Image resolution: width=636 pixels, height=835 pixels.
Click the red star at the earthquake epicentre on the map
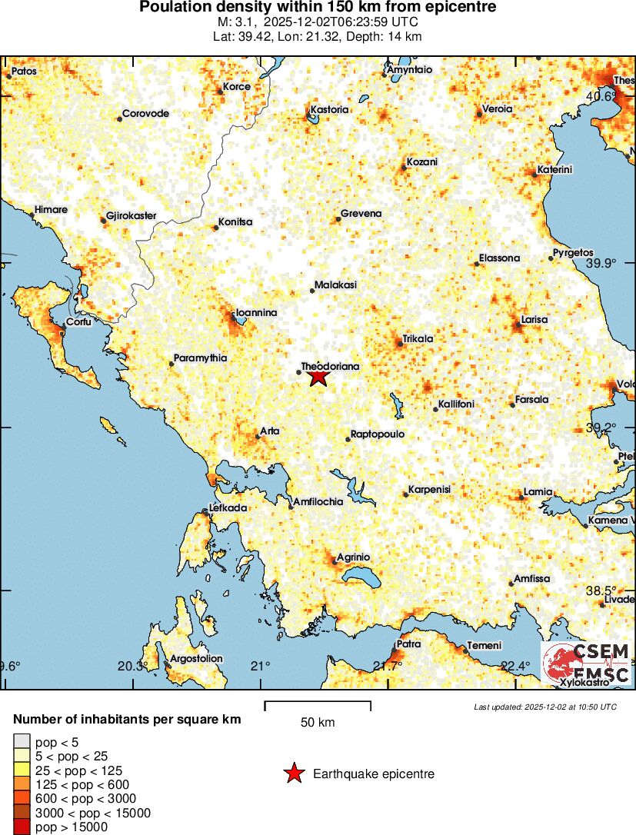pyautogui.click(x=318, y=377)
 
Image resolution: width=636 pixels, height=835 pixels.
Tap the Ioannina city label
pyautogui.click(x=256, y=312)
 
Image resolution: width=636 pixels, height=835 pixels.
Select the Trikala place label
pyautogui.click(x=418, y=338)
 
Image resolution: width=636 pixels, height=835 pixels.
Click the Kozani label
pyautogui.click(x=422, y=162)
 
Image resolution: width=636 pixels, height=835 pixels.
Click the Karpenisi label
pyautogui.click(x=429, y=489)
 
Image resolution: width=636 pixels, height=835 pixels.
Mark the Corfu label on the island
pyautogui.click(x=78, y=321)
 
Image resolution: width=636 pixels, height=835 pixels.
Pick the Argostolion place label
pyautogui.click(x=195, y=658)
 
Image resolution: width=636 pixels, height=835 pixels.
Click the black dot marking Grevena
pyautogui.click(x=338, y=220)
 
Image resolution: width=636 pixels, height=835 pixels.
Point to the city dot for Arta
pyautogui.click(x=258, y=437)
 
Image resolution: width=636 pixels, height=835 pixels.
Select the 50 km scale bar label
pyautogui.click(x=318, y=723)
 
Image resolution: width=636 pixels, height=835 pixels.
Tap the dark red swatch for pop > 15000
pyautogui.click(x=22, y=827)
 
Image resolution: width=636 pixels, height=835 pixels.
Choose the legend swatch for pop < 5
pyautogui.click(x=22, y=742)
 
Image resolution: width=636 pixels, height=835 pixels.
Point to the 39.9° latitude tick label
pyautogui.click(x=601, y=263)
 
